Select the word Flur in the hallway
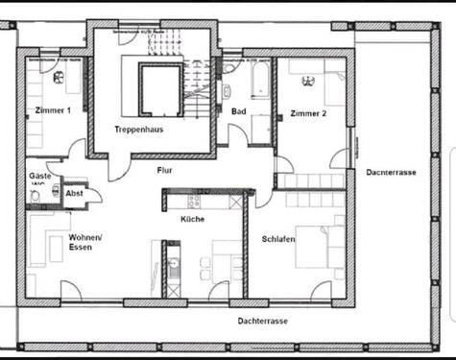(x=166, y=170)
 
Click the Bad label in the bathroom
(x=239, y=110)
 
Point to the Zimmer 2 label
(x=309, y=113)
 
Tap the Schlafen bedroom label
(x=278, y=238)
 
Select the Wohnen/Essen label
(x=85, y=241)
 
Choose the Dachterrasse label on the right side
(x=391, y=173)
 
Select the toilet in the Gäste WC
(x=36, y=196)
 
